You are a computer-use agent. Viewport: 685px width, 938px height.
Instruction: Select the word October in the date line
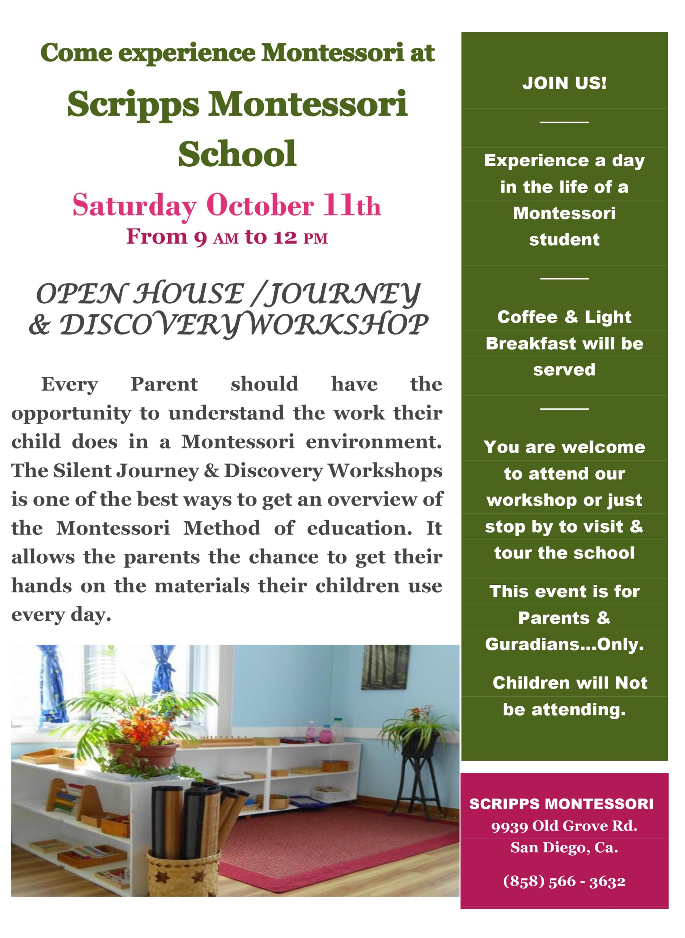click(x=260, y=206)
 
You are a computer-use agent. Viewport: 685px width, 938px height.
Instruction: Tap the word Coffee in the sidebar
click(x=527, y=317)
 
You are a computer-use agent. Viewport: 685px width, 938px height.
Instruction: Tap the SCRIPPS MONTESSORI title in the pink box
click(x=561, y=804)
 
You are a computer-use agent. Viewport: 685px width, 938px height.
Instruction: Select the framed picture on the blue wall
click(x=385, y=668)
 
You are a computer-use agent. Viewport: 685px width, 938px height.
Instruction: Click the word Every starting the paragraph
click(x=69, y=384)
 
